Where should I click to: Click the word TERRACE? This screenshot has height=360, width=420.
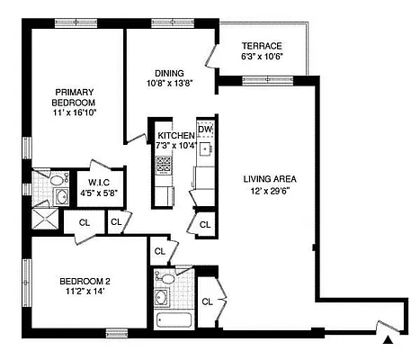coord(262,46)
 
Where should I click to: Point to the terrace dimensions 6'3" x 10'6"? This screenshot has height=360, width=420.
coord(262,57)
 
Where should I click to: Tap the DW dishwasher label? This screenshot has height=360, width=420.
coord(204,128)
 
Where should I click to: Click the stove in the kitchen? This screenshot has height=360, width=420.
coord(165,165)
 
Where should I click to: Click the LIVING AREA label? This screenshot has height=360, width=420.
coord(270,178)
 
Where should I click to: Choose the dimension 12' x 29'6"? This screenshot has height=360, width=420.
coord(270,191)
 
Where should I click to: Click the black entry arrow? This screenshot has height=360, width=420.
coord(388,340)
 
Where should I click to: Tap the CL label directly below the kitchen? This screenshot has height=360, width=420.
coord(205,223)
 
